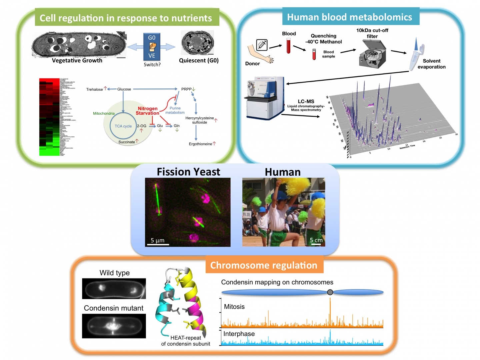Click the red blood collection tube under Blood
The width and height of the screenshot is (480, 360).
click(289, 46)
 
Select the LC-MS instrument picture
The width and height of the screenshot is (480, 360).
click(265, 98)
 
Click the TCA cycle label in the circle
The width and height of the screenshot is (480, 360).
click(123, 126)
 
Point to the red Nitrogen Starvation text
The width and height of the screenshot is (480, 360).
click(147, 111)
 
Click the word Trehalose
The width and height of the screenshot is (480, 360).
click(94, 89)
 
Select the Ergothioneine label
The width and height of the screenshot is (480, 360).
click(200, 144)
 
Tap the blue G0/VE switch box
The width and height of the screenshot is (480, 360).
click(152, 46)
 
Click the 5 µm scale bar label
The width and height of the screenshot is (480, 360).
click(157, 240)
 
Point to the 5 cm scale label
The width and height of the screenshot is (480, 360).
click(316, 240)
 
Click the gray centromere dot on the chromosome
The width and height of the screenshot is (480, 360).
click(330, 292)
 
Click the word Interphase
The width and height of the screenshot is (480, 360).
click(239, 334)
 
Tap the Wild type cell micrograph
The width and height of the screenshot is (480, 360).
click(114, 288)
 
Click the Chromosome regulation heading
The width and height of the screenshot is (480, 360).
click(264, 265)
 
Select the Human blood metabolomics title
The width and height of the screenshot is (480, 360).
click(350, 17)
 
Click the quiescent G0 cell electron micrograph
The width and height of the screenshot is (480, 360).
click(197, 43)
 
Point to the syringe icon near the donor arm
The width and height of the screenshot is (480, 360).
click(262, 45)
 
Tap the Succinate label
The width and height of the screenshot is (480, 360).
click(127, 142)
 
